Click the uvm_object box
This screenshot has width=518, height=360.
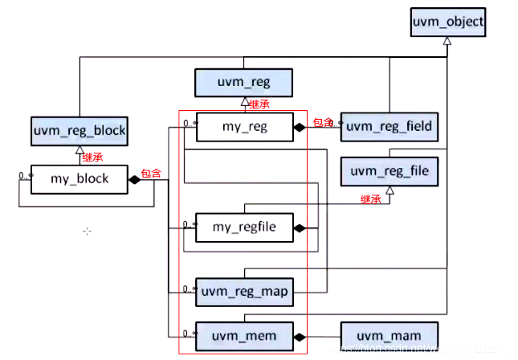pyautogui.click(x=448, y=22)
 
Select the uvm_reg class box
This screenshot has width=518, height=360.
pyautogui.click(x=243, y=82)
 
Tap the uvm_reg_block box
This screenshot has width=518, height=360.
pyautogui.click(x=80, y=129)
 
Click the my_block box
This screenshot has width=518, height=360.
pyautogui.click(x=80, y=178)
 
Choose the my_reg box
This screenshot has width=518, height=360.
pyautogui.click(x=243, y=125)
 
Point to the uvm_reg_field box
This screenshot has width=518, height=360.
pyautogui.click(x=390, y=126)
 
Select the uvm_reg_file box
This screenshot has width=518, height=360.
pyautogui.click(x=390, y=170)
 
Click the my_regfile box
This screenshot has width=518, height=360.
pyautogui.click(x=243, y=227)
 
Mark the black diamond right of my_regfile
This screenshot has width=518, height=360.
pyautogui.click(x=300, y=228)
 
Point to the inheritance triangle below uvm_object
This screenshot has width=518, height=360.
pyautogui.click(x=447, y=41)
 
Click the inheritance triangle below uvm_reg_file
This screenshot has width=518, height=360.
pyautogui.click(x=390, y=190)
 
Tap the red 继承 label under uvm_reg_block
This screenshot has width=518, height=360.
pyautogui.click(x=92, y=157)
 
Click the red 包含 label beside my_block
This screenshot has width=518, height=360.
pyautogui.click(x=150, y=173)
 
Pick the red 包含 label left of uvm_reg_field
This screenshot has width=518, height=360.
pyautogui.click(x=323, y=122)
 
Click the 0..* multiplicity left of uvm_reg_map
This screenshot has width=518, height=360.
pyautogui.click(x=188, y=284)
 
